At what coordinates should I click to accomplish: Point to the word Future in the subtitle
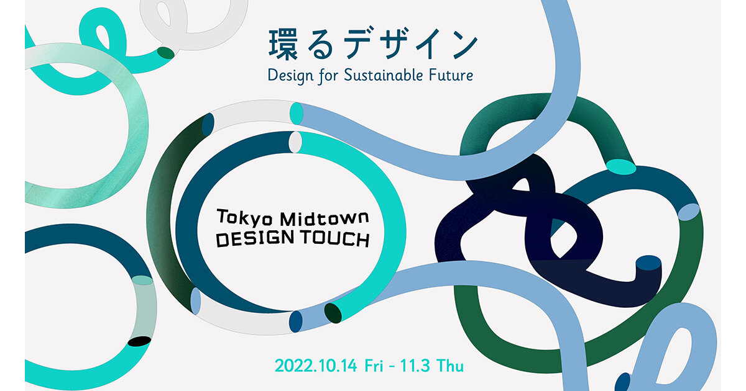point(453,76)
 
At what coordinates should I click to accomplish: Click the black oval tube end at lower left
point(139,341)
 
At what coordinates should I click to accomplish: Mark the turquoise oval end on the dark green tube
point(620,166)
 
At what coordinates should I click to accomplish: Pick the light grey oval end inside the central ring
point(295,142)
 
